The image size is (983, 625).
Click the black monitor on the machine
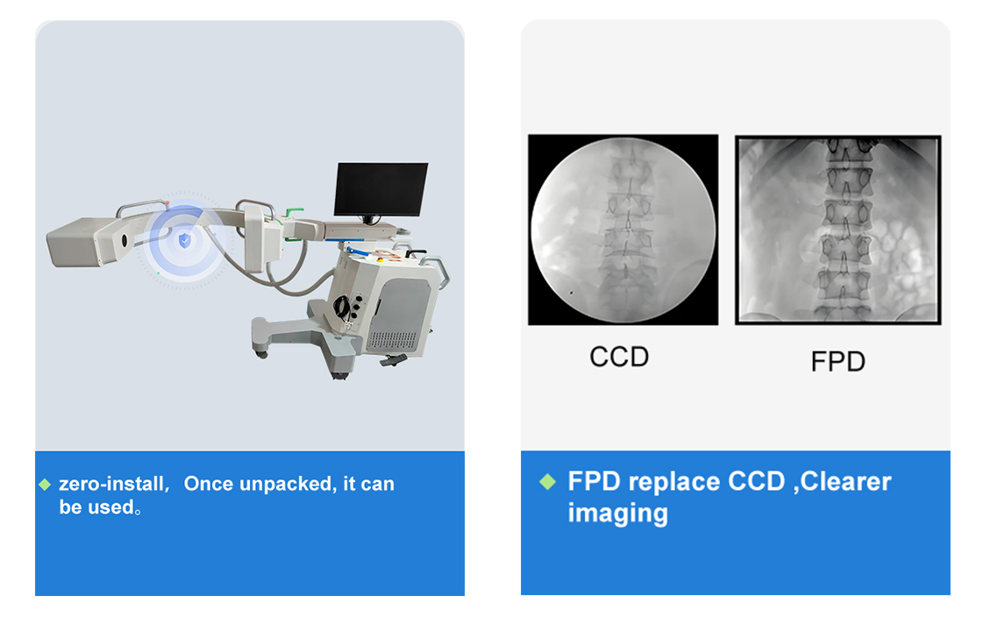[381, 189]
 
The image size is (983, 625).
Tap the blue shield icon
[184, 240]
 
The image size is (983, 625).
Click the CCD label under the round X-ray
[619, 357]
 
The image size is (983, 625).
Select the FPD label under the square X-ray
[837, 362]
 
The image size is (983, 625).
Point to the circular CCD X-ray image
[623, 230]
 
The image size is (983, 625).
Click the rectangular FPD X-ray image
[838, 230]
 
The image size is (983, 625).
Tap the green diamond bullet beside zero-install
[45, 485]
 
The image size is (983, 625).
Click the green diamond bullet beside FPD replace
[547, 481]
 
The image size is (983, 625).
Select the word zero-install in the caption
[112, 484]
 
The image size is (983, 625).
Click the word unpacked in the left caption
[286, 484]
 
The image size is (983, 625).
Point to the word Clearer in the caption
[845, 481]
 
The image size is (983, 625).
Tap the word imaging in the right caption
[617, 514]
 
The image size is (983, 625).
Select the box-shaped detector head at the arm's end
[82, 241]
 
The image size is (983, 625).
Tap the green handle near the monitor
[294, 212]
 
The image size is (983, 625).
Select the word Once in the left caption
[209, 484]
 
